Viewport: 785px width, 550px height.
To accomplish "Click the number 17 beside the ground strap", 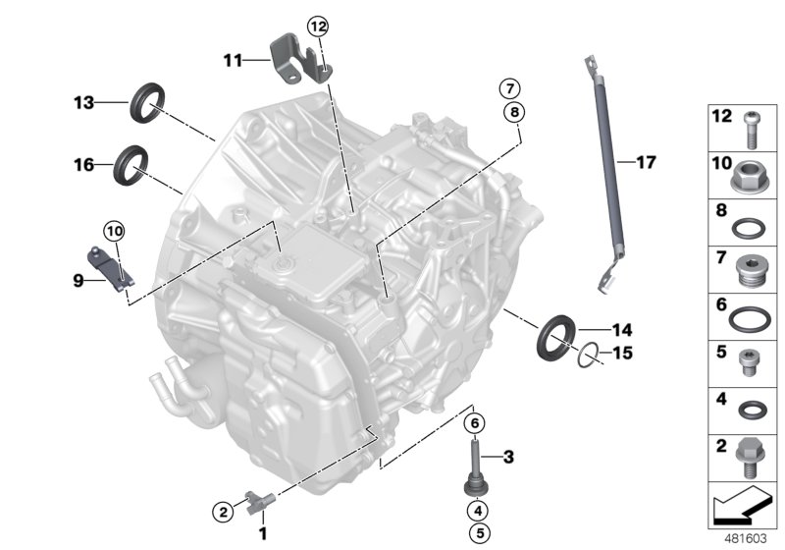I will pos(645,161).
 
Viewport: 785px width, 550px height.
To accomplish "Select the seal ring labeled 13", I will pos(147,101).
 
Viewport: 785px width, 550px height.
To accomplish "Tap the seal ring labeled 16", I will pos(131,163).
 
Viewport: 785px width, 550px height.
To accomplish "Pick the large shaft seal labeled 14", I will pos(556,333).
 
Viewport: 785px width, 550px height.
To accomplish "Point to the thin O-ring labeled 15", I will pos(586,353).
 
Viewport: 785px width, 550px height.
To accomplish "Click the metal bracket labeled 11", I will pos(291,59).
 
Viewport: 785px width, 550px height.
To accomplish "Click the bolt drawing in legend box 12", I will pos(751,125).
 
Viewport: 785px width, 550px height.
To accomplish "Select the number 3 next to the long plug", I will pos(508,456).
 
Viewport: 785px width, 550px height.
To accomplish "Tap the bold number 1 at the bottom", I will pos(262,533).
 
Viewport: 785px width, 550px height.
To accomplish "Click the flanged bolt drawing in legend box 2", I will pos(751,455).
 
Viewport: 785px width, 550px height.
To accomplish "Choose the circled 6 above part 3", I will pos(476,422).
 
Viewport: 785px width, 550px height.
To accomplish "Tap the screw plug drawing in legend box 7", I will pos(751,265).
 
